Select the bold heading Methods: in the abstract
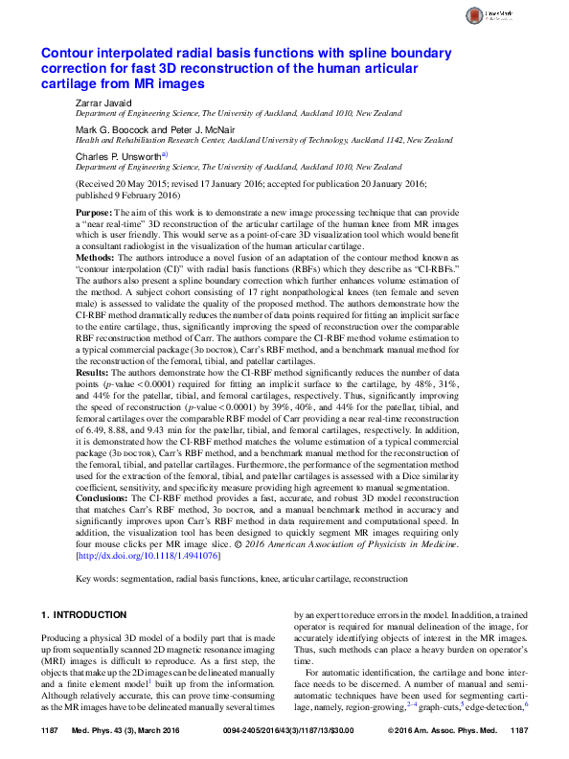(x=97, y=259)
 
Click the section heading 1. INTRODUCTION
(x=83, y=613)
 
